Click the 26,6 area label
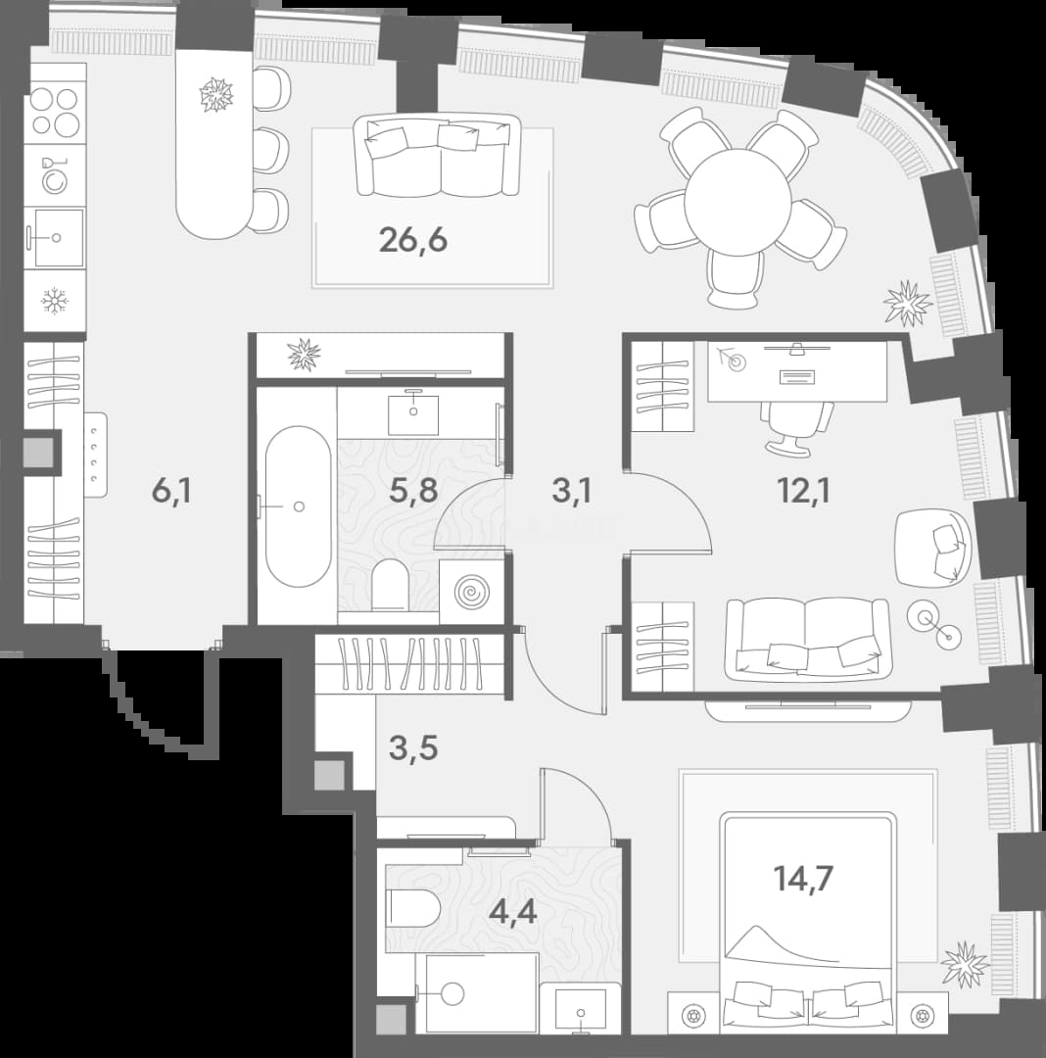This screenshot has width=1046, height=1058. (x=413, y=240)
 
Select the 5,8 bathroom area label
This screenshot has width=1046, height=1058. (x=413, y=491)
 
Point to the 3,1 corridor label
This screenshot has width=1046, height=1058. (x=571, y=491)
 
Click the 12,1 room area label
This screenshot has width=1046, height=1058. (x=803, y=491)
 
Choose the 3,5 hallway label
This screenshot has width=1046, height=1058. (x=413, y=748)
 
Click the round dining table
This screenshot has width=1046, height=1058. (x=737, y=201)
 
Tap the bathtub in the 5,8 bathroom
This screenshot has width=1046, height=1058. (x=299, y=506)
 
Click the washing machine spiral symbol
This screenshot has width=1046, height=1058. (x=471, y=592)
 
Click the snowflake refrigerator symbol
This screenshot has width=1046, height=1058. (x=53, y=301)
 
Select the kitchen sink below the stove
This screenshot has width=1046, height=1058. (x=55, y=237)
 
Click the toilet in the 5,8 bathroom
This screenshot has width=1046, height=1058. (x=390, y=584)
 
